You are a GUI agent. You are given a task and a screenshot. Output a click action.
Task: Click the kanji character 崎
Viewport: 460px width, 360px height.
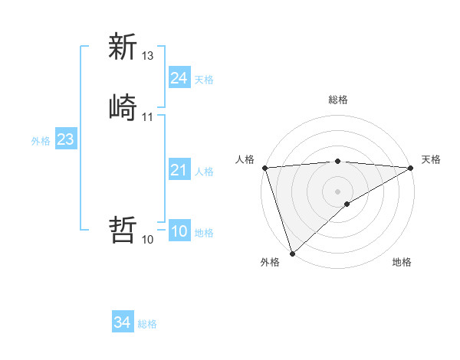(123, 106)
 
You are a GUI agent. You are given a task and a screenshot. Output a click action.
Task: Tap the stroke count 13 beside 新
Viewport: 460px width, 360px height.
(148, 56)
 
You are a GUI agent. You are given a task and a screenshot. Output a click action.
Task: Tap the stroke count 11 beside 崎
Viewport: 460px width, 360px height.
(148, 116)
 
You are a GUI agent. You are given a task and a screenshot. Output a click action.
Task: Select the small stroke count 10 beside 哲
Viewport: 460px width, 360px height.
(148, 240)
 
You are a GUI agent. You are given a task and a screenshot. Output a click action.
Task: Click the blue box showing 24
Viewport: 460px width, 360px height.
(179, 78)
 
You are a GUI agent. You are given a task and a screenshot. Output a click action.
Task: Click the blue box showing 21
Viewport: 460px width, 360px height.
(179, 171)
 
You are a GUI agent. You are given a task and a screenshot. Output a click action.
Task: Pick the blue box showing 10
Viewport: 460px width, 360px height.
(179, 232)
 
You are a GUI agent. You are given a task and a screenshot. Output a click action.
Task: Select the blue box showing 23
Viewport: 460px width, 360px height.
(65, 140)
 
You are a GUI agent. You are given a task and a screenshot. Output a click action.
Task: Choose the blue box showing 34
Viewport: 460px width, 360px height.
(123, 323)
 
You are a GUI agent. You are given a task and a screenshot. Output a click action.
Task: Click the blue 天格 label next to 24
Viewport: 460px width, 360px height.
(204, 79)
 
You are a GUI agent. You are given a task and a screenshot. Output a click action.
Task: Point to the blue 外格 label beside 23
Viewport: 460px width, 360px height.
(41, 141)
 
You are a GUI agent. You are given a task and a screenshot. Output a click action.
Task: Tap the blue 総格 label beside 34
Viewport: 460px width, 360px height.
(148, 324)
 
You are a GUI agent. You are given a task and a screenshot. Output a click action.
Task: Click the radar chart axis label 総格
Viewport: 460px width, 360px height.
(338, 100)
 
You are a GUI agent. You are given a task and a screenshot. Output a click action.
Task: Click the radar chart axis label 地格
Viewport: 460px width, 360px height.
(402, 263)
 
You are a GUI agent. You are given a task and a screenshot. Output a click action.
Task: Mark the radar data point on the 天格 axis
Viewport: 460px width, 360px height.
(411, 168)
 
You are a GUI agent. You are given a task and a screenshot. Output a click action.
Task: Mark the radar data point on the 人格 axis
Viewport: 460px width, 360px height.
(264, 168)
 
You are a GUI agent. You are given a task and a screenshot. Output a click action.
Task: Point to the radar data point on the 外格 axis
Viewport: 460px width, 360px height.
(292, 254)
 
